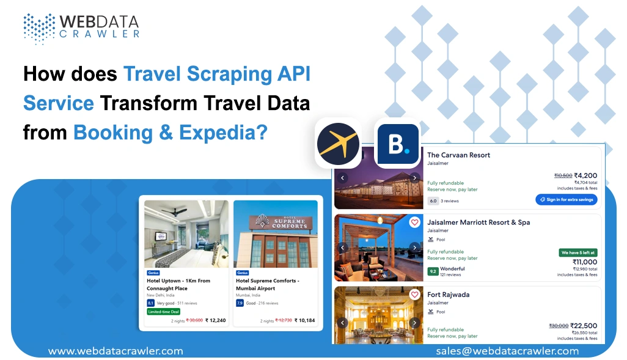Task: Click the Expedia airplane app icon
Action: (338, 142)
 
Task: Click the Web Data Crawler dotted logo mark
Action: (39, 28)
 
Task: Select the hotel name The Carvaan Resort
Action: (458, 155)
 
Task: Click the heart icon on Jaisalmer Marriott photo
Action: (414, 222)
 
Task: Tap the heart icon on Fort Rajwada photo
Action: (414, 295)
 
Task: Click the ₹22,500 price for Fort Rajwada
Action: (583, 326)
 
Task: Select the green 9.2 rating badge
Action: (433, 271)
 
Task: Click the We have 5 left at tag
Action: (578, 252)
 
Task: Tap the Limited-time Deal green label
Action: (163, 311)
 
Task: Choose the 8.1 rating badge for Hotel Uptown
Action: (150, 303)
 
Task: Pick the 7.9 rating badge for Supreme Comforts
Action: (240, 303)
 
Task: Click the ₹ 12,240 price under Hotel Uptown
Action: (215, 320)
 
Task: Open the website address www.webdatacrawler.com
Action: (116, 351)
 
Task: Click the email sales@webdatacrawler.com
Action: (507, 351)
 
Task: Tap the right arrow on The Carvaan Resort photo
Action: (414, 178)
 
